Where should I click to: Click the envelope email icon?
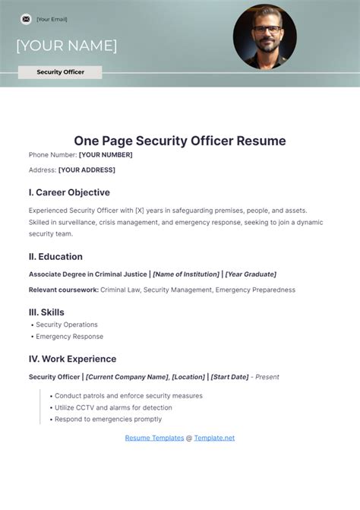pyautogui.click(x=26, y=19)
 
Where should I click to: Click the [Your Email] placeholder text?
pyautogui.click(x=52, y=19)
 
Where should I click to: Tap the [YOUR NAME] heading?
pyautogui.click(x=66, y=46)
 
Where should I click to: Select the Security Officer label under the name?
pyautogui.click(x=61, y=72)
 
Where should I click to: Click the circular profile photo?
pyautogui.click(x=264, y=37)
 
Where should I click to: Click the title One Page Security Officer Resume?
pyautogui.click(x=180, y=141)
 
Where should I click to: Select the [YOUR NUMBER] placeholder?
pyautogui.click(x=106, y=155)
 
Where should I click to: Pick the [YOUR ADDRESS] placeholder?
pyautogui.click(x=87, y=170)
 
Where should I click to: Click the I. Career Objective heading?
pyautogui.click(x=69, y=192)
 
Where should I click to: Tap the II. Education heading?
pyautogui.click(x=55, y=256)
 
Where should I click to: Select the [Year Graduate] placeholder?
pyautogui.click(x=251, y=274)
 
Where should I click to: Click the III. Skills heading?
pyautogui.click(x=46, y=312)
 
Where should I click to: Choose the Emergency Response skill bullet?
pyautogui.click(x=69, y=337)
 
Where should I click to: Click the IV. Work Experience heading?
pyautogui.click(x=72, y=359)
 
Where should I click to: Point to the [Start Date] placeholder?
pyautogui.click(x=229, y=377)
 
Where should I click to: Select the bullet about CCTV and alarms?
pyautogui.click(x=114, y=407)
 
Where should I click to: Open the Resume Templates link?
pyautogui.click(x=154, y=438)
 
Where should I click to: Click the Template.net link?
pyautogui.click(x=214, y=438)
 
